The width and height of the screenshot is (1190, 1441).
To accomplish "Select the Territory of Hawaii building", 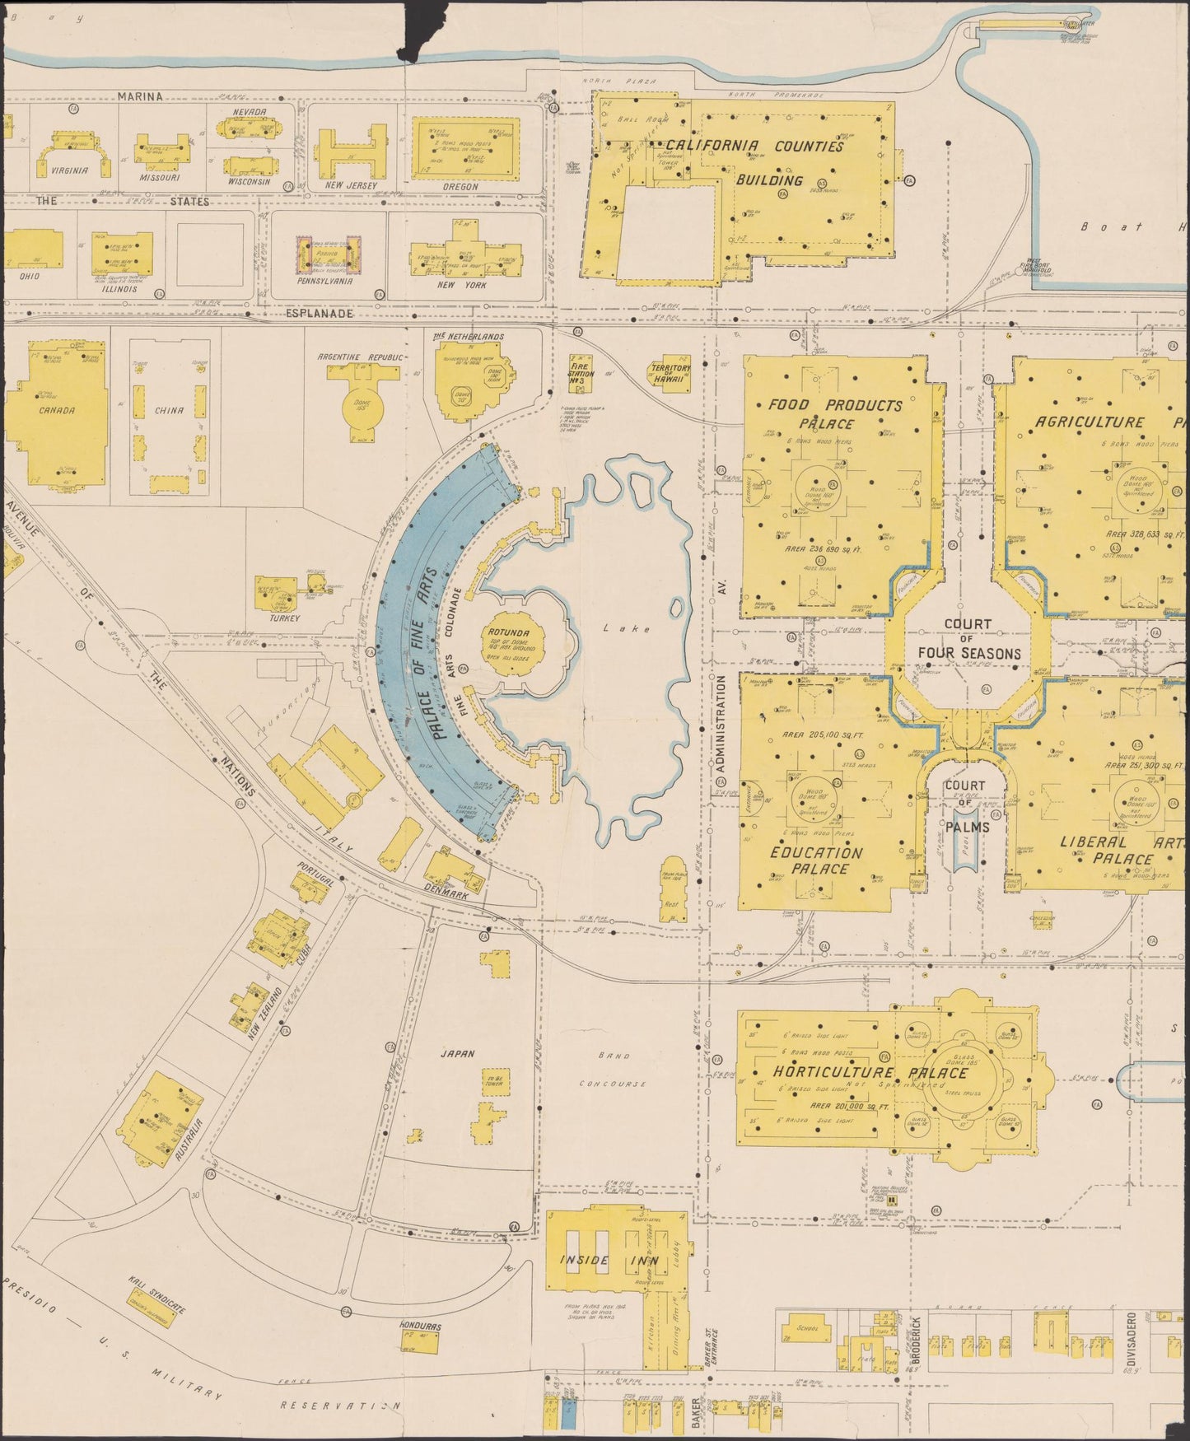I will [671, 377].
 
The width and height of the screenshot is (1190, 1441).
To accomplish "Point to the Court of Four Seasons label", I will [968, 639].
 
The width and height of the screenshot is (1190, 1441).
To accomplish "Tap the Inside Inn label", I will [586, 1260].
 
